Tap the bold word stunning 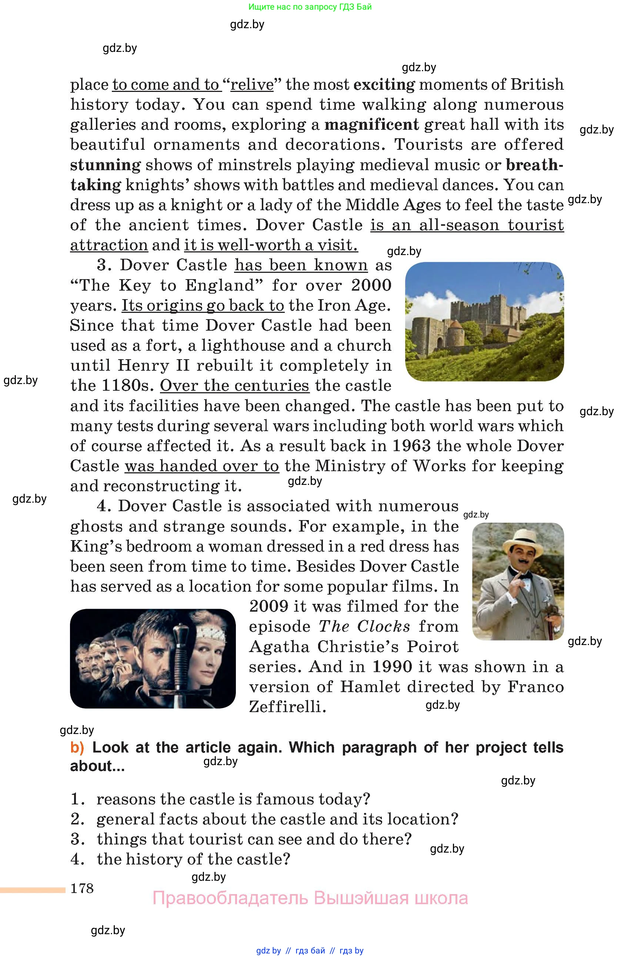(x=106, y=165)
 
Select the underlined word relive (x=252, y=85)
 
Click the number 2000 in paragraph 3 (x=371, y=285)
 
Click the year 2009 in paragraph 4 (x=268, y=606)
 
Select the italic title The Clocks (x=364, y=626)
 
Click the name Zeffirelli (x=286, y=707)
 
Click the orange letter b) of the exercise (x=77, y=748)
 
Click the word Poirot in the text (x=433, y=647)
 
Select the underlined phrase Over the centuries (x=235, y=386)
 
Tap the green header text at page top (x=310, y=6)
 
